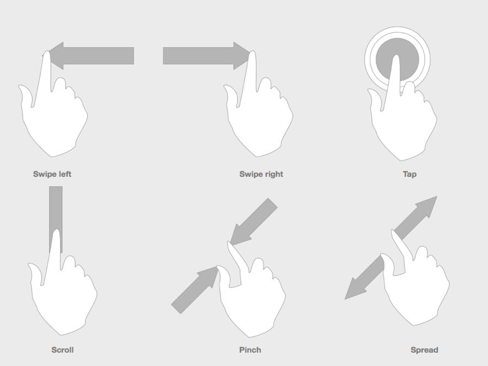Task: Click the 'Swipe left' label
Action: tap(52, 174)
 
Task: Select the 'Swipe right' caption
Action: tap(261, 174)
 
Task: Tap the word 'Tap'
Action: tap(409, 174)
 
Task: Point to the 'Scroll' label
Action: tap(62, 349)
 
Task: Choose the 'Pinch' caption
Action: tap(250, 349)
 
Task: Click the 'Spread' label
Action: tap(424, 349)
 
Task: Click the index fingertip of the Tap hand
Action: tap(395, 58)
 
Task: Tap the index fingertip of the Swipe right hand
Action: tap(252, 55)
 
